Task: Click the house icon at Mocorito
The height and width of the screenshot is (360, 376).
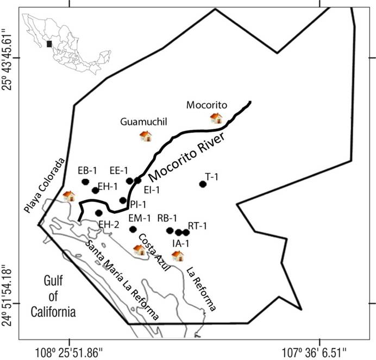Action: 216,118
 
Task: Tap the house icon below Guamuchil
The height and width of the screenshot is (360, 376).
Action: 145,136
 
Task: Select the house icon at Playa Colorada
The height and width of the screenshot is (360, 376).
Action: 68,195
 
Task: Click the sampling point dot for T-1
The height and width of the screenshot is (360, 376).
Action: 203,184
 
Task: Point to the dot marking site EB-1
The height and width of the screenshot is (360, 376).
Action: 85,182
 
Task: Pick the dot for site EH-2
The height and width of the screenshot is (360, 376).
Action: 98,213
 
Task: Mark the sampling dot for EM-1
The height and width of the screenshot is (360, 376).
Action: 133,229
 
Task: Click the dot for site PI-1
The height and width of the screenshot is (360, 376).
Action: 123,200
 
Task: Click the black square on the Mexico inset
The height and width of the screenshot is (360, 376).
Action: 49,44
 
